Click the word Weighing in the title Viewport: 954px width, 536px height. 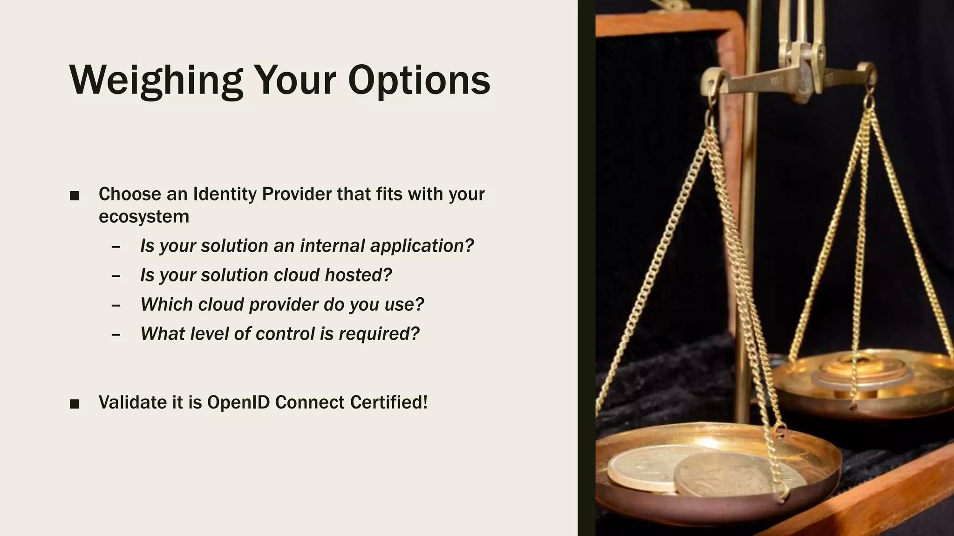coord(156,80)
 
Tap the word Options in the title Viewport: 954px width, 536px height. coord(419,80)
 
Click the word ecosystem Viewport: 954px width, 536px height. coord(143,217)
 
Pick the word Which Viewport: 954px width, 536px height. coord(166,304)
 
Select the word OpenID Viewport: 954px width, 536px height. coord(238,402)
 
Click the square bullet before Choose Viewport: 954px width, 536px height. coord(75,196)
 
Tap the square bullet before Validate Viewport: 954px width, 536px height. coord(75,404)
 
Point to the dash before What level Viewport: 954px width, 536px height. coord(116,335)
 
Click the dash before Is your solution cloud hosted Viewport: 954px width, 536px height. coord(116,276)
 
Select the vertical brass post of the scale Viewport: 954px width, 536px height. coord(747,233)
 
